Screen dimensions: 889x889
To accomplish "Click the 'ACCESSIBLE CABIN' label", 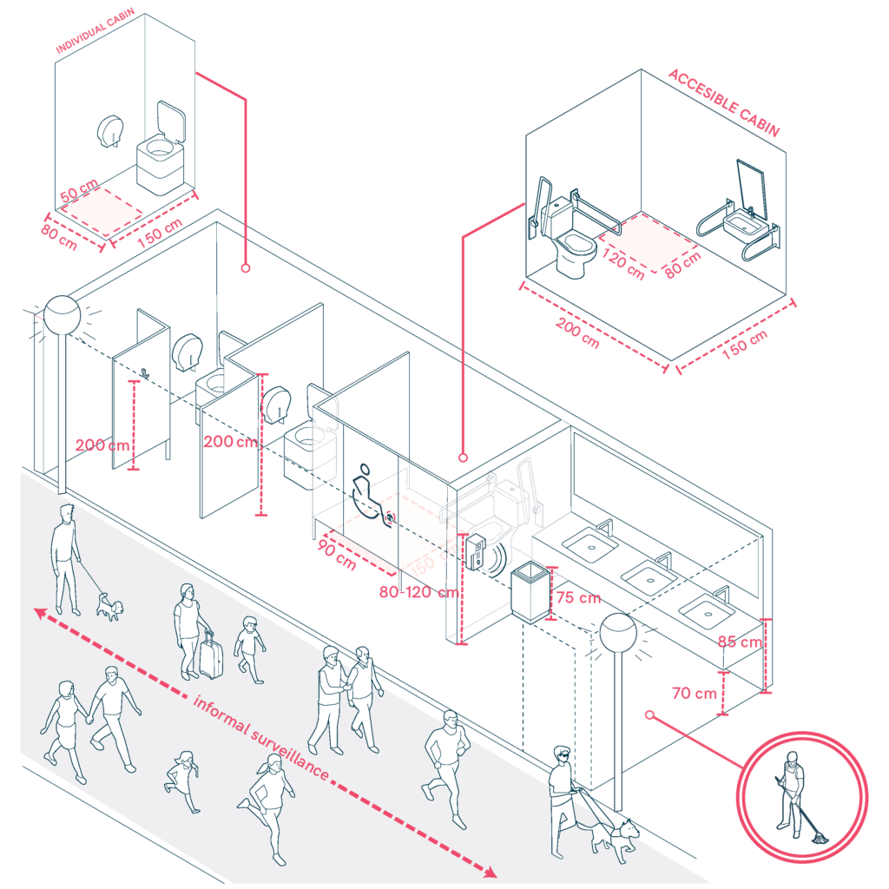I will (723, 103).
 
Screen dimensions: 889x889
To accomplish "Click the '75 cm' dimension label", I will (578, 598).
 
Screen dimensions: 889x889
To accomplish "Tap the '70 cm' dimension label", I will (694, 693).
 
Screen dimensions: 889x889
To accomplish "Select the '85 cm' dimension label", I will (739, 642).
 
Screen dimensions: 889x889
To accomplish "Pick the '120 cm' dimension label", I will (624, 263).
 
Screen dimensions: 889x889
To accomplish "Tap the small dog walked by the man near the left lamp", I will (108, 605).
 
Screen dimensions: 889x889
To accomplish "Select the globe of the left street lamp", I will (63, 314).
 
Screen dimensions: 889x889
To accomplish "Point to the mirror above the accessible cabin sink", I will (750, 188).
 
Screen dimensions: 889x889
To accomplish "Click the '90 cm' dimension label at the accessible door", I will (338, 555).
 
